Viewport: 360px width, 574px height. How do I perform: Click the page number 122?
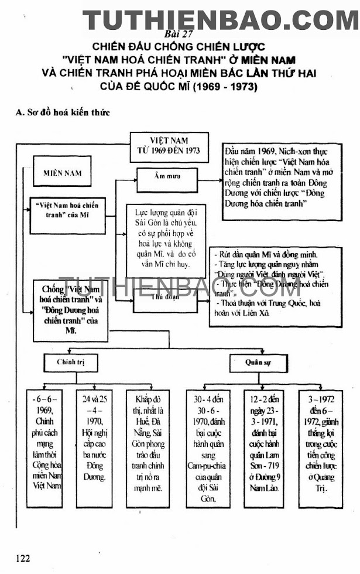point(23,558)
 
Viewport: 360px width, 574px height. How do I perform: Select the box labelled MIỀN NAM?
point(63,173)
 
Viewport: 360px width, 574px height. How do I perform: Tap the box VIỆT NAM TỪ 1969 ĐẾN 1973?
point(169,146)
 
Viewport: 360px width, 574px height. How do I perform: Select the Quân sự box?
point(258,363)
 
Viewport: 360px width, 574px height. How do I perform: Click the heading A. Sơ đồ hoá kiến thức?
point(63,112)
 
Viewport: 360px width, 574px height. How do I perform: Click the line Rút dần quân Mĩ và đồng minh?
point(268,255)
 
